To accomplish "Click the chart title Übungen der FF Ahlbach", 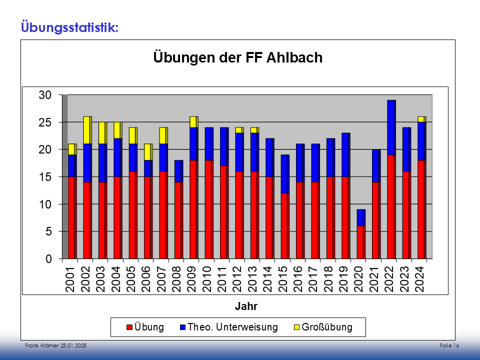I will [x=237, y=57].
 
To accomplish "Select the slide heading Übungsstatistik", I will [x=69, y=25].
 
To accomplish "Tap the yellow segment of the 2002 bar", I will [x=87, y=130].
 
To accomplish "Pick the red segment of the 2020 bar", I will [x=360, y=242].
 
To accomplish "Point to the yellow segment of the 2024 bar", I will [x=421, y=119].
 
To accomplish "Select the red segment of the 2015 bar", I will [x=284, y=226].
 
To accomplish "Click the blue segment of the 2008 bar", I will [x=178, y=171].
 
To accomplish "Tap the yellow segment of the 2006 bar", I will [x=148, y=152].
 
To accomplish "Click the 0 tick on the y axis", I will [x=49, y=259].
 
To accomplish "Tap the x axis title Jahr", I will [x=246, y=305].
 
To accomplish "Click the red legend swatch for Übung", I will [x=129, y=327].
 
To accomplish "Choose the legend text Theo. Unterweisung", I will [x=232, y=327].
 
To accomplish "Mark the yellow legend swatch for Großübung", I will [x=296, y=327].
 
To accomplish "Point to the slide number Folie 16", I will [x=449, y=346].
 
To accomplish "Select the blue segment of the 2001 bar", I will [x=72, y=165].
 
